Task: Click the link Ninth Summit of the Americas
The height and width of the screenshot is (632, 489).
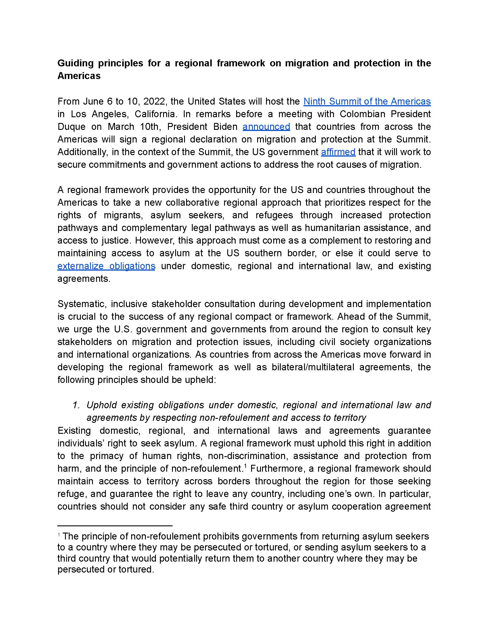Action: (x=367, y=101)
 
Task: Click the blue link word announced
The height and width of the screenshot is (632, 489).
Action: (x=266, y=127)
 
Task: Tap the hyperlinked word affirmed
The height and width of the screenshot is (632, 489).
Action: (x=338, y=152)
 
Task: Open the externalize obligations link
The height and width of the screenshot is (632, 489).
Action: (x=106, y=266)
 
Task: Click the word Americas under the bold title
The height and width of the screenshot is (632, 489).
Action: (x=79, y=76)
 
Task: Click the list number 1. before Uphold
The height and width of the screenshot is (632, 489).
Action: (x=76, y=405)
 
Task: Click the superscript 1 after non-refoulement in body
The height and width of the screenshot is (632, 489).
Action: (x=245, y=465)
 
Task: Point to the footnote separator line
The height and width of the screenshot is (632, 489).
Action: (x=115, y=526)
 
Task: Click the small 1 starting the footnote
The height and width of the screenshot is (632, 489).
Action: (x=59, y=535)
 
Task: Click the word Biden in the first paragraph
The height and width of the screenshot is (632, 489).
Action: (x=225, y=127)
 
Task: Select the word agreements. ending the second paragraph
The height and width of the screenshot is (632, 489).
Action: (x=84, y=279)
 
